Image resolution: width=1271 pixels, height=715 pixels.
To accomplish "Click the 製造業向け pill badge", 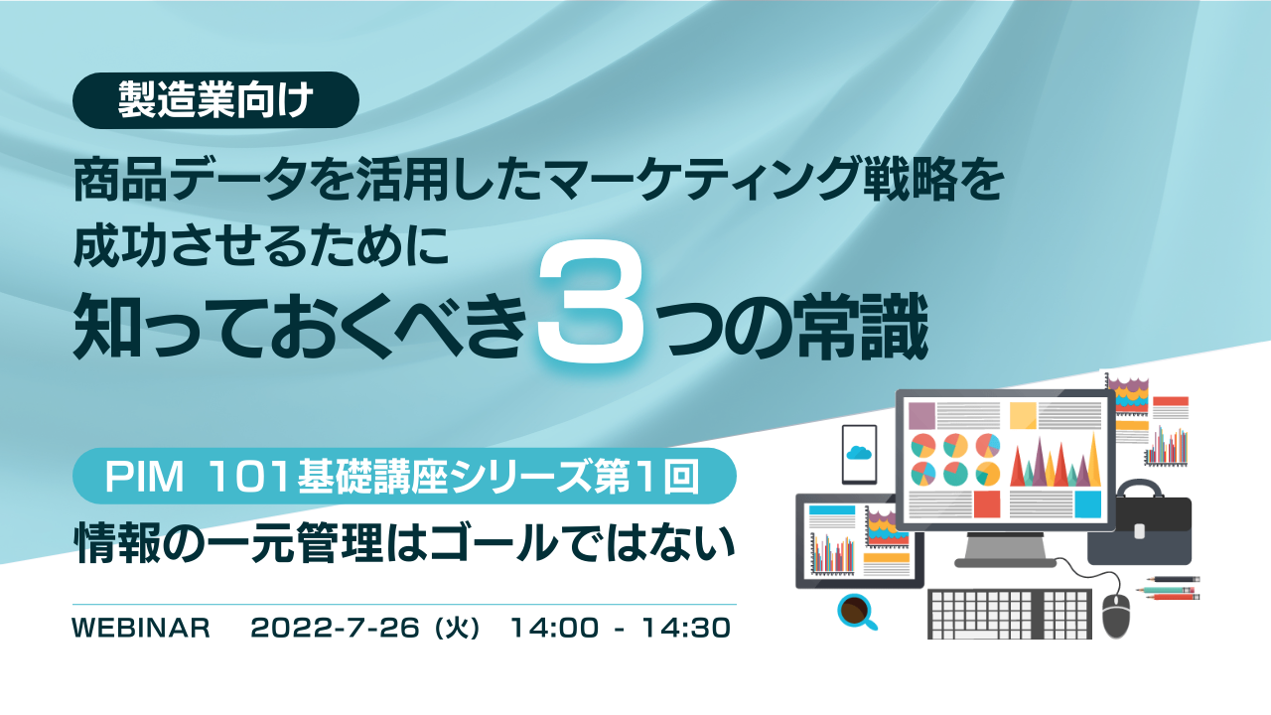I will pyautogui.click(x=215, y=100).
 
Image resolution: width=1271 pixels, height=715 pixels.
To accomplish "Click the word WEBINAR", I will pyautogui.click(x=141, y=629).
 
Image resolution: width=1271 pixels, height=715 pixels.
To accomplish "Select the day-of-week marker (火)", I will pyautogui.click(x=458, y=629).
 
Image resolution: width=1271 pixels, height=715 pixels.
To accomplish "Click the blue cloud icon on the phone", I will pyautogui.click(x=859, y=452).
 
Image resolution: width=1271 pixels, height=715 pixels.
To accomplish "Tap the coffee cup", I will pyautogui.click(x=853, y=609).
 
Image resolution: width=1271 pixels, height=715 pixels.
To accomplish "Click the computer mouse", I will pyautogui.click(x=1116, y=614).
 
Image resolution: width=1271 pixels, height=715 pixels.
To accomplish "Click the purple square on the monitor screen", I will pyautogui.click(x=921, y=415).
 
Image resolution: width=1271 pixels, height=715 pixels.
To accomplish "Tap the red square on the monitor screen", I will pyautogui.click(x=986, y=503).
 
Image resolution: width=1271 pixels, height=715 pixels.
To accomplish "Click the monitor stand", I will pyautogui.click(x=1004, y=548).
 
